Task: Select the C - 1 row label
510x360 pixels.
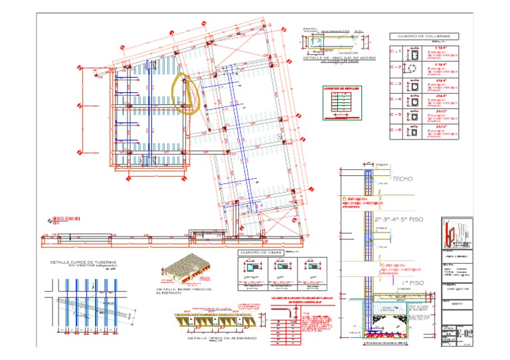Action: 396,51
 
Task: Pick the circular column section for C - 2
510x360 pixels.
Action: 414,68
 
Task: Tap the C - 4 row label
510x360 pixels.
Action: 396,100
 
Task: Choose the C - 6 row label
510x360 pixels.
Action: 396,131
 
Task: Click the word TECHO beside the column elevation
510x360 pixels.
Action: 402,180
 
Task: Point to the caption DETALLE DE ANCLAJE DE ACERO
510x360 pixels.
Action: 339,58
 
